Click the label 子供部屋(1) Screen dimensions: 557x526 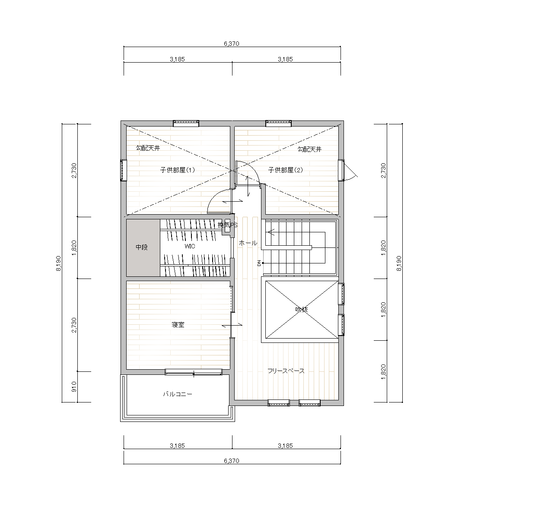tap(177, 170)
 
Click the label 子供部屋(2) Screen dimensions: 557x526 tap(286, 170)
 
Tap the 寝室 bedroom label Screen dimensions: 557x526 tap(178, 325)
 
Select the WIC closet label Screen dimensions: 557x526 tap(190, 247)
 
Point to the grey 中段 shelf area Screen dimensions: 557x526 tap(143, 248)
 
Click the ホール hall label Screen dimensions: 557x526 tap(248, 243)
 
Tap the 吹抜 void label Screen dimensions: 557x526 tap(302, 310)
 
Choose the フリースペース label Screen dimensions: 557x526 tap(286, 371)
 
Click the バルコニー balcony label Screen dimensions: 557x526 tap(178, 394)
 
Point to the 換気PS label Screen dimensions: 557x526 tap(227, 225)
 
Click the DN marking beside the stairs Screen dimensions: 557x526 tap(259, 263)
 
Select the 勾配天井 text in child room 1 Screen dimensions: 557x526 tap(148, 148)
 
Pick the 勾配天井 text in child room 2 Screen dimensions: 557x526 tap(309, 149)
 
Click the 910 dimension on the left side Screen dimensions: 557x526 tap(74, 387)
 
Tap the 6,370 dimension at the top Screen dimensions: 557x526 tap(232, 44)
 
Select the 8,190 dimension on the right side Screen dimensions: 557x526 tap(399, 263)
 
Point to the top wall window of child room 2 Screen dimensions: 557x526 tap(278, 124)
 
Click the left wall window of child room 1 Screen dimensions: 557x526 tap(124, 170)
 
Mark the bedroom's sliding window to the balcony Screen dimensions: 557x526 tap(194, 372)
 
